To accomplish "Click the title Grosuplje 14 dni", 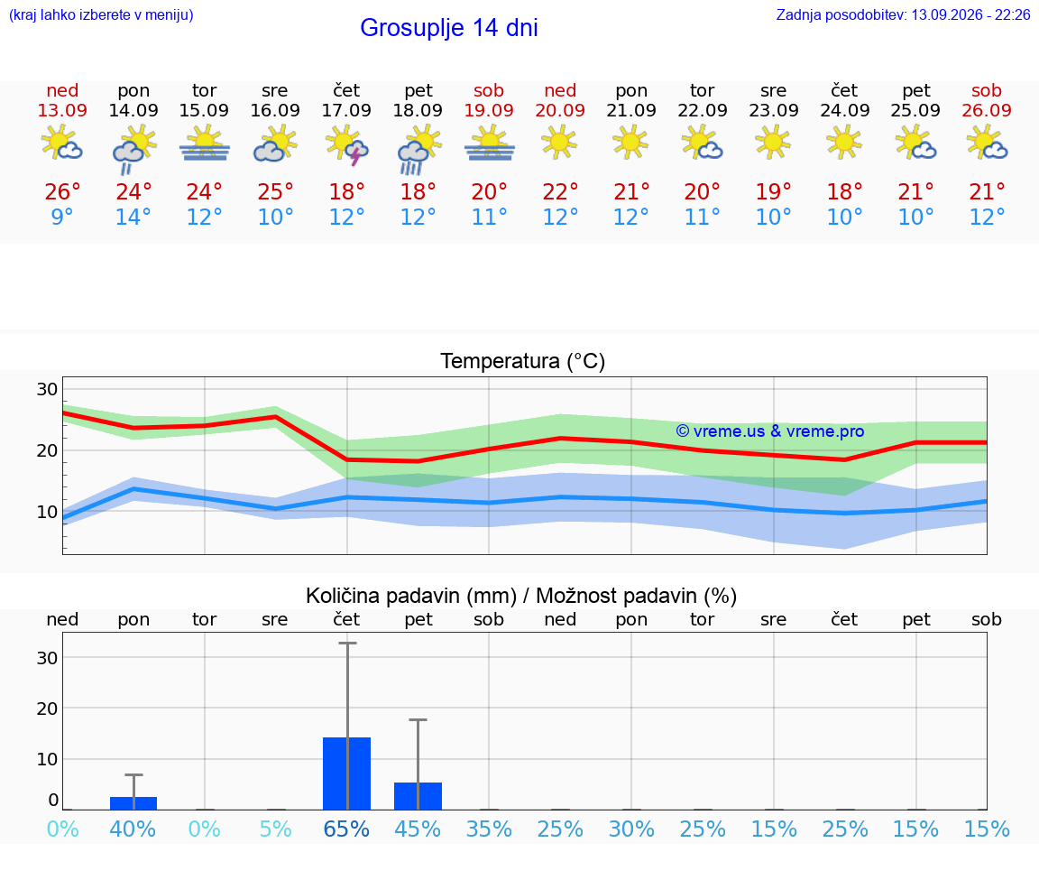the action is point(448,28).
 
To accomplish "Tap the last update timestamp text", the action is point(903,14).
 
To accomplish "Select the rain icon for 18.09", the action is point(418,149).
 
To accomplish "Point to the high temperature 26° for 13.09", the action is point(62,191).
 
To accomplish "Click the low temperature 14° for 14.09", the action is point(133,217).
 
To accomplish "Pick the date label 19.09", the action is point(489,110).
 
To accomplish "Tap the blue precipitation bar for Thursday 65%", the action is point(346,773).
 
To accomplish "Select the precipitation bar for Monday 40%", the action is point(133,803).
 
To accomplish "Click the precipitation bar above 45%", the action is point(418,796).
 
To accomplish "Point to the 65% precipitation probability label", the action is point(346,829).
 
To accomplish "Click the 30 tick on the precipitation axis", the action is point(47,658).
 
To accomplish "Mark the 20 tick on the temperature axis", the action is point(47,451).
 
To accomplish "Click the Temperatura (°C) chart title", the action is point(523,361).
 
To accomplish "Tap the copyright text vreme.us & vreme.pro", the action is point(770,431).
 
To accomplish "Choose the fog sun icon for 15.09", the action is point(204,144).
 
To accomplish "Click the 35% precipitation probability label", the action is point(489,829).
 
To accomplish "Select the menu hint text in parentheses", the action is point(101,14).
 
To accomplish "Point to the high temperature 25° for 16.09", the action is point(276,191).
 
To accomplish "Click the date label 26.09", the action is point(987,110).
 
